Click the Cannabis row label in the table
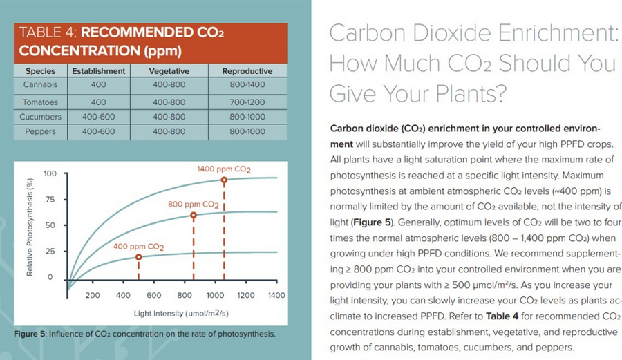coord(40,85)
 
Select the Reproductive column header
coord(247,71)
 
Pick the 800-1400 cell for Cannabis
coord(247,85)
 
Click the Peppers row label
coord(40,131)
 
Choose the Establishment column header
coord(98,71)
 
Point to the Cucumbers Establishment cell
coord(98,117)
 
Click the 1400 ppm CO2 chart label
coord(224,169)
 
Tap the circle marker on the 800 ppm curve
coord(194,216)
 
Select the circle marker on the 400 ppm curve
coord(138,257)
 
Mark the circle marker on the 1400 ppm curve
coord(224,180)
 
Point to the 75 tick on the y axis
coord(50,199)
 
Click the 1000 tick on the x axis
coord(215,296)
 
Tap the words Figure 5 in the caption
coord(29,334)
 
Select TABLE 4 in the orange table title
coord(48,32)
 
